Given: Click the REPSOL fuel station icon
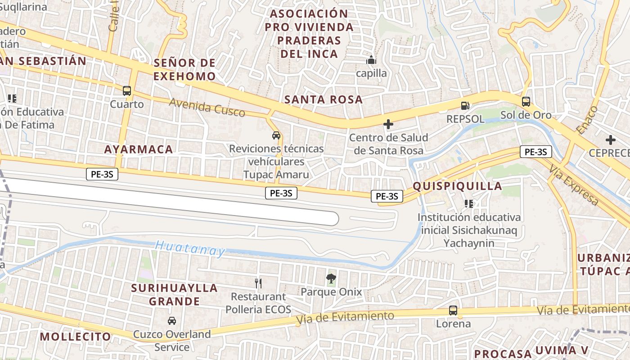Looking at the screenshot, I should click(x=465, y=106).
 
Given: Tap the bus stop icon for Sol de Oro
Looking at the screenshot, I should click(x=526, y=102).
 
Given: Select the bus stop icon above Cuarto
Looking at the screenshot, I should click(x=127, y=90).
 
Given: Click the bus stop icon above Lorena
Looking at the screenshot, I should click(x=453, y=310).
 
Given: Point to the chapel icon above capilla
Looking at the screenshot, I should click(x=371, y=60).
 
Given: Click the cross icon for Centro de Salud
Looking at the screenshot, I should click(x=388, y=124).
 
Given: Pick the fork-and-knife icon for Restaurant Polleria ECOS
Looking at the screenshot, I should click(x=258, y=283).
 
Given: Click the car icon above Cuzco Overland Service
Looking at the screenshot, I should click(x=171, y=321).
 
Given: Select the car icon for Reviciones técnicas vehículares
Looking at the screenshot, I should click(x=276, y=135).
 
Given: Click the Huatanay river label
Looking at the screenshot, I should click(x=190, y=248).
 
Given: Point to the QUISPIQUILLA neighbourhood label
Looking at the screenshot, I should click(x=457, y=186).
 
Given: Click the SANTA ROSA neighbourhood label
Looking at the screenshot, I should click(x=324, y=99).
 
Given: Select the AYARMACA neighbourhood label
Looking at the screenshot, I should click(x=139, y=149).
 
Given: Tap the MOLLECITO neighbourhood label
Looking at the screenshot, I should click(x=75, y=337).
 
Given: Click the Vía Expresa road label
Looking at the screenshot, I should click(x=574, y=185).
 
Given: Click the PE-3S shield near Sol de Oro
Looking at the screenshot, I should click(x=535, y=152).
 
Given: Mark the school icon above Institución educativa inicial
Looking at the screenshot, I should click(x=469, y=204).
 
